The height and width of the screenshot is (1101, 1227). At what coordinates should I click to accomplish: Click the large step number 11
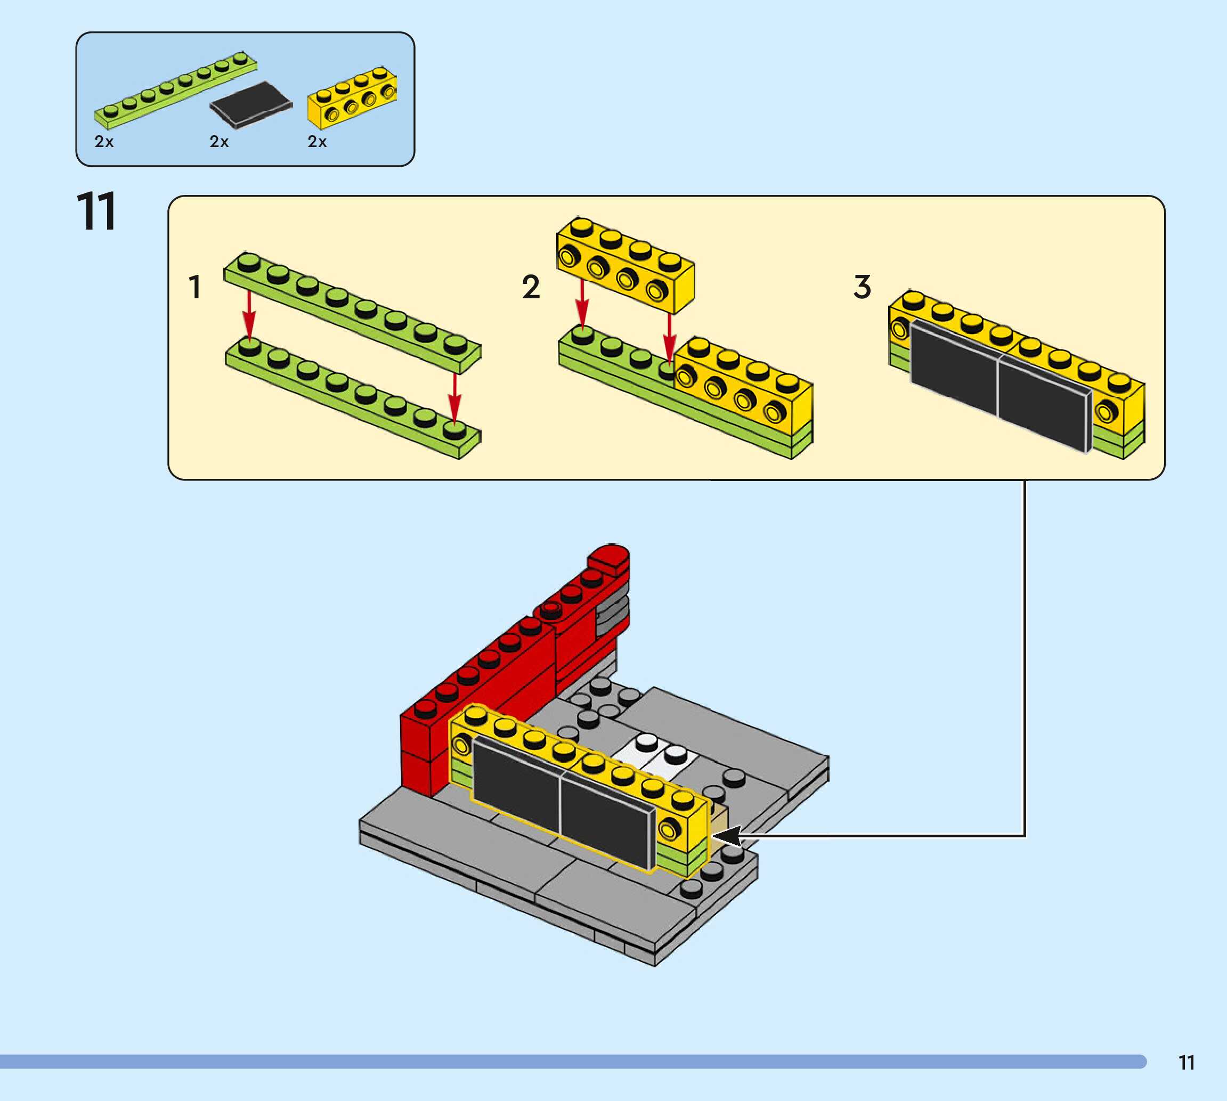(x=96, y=212)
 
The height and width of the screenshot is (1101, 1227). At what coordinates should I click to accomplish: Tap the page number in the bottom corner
(x=1186, y=1063)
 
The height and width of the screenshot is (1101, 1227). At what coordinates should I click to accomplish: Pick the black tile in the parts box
(x=251, y=104)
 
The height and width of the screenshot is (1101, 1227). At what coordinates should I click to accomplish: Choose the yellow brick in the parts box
(x=352, y=98)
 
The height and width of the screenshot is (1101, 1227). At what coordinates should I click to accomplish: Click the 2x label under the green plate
(x=104, y=142)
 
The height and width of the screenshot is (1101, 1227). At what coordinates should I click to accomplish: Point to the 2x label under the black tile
(x=219, y=142)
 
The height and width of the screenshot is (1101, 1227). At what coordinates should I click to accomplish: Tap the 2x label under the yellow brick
(x=317, y=142)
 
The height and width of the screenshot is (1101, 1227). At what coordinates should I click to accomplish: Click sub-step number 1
(x=195, y=287)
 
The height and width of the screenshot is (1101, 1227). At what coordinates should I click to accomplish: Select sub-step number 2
(x=531, y=287)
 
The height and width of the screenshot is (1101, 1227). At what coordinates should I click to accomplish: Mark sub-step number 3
(x=862, y=287)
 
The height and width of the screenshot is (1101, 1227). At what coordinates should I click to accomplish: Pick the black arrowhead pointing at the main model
(x=726, y=836)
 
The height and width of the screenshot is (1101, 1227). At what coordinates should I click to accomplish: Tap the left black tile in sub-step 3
(x=953, y=369)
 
